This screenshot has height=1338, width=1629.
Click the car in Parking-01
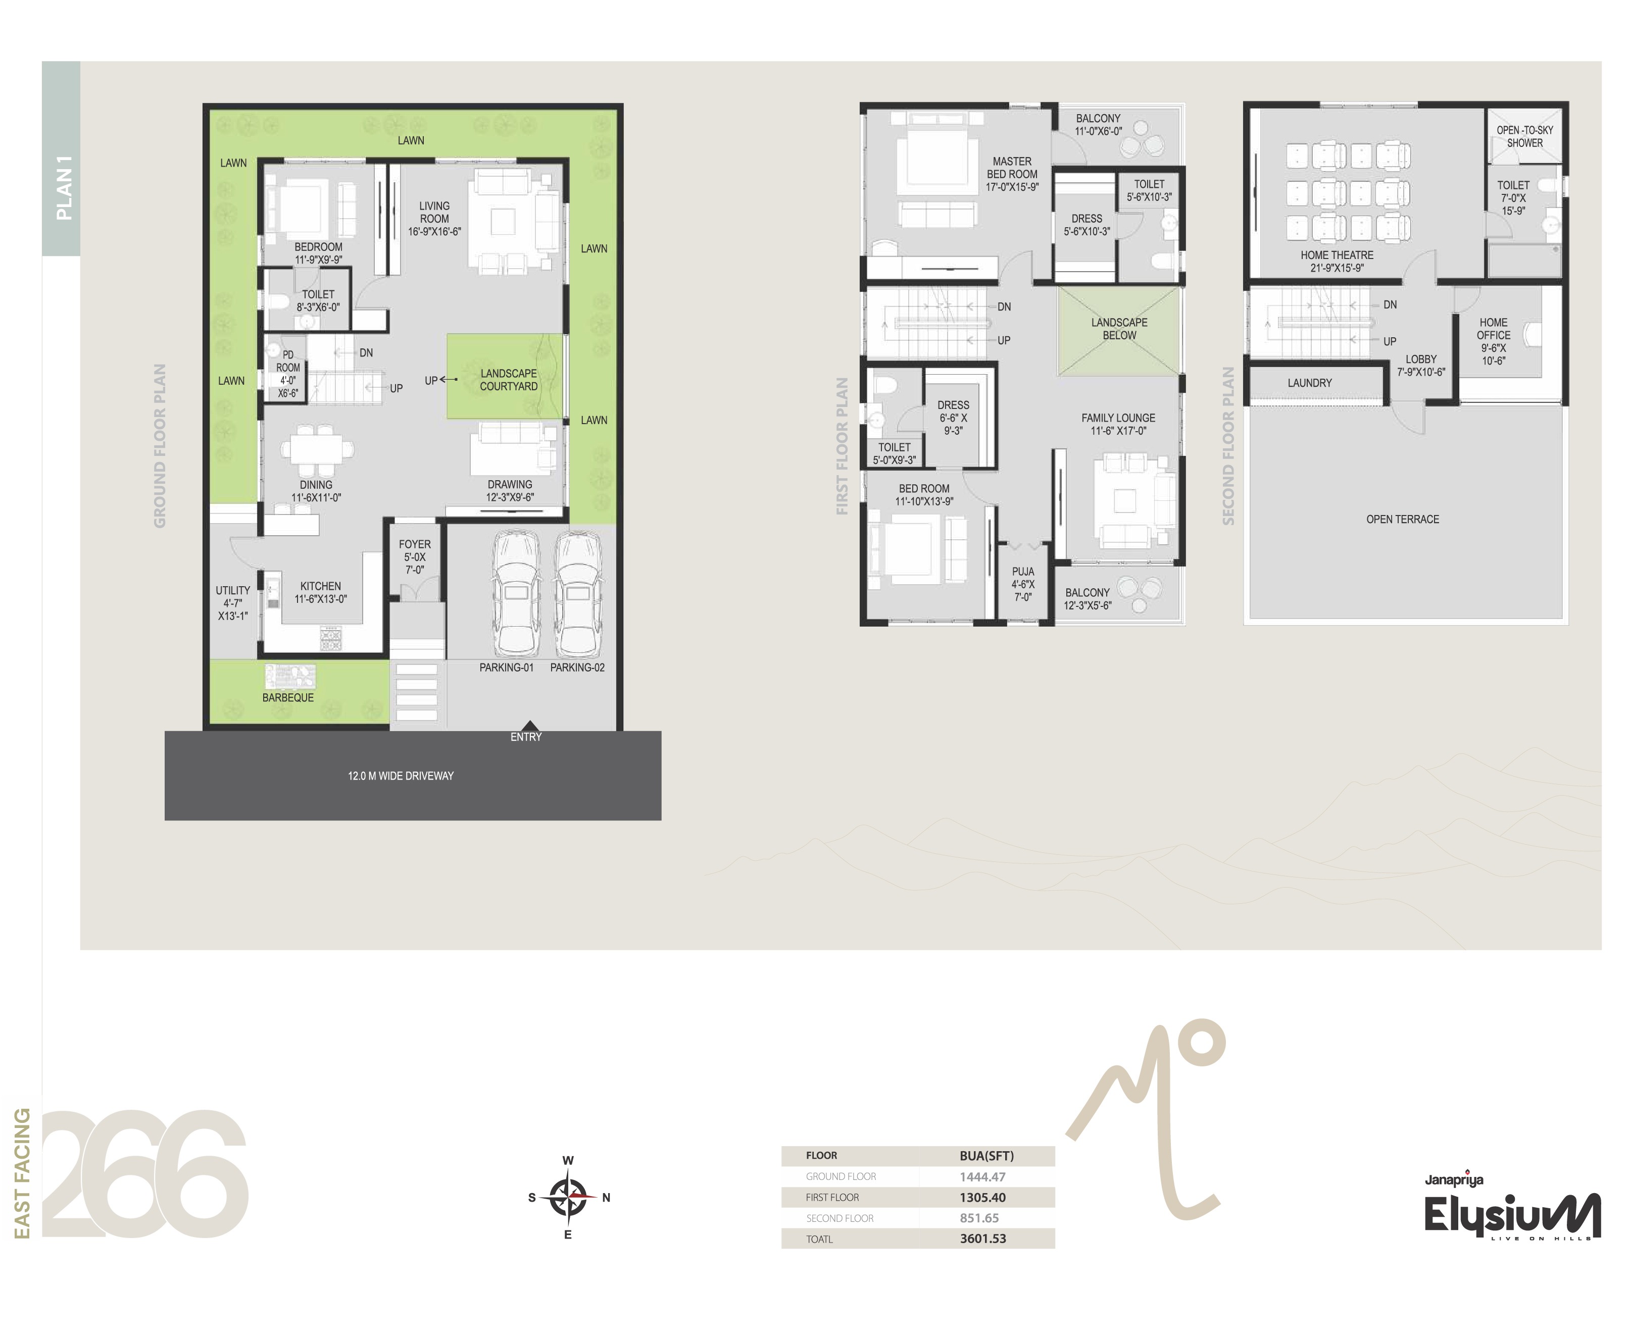pos(515,593)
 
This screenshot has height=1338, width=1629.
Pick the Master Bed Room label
pos(1012,174)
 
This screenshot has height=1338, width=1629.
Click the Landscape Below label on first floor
pos(1119,329)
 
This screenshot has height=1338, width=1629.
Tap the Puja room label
pos(1023,584)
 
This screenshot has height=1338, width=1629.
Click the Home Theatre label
pos(1337,261)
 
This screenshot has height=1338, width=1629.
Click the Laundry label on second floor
pos(1309,383)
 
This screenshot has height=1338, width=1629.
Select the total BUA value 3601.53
pos(983,1239)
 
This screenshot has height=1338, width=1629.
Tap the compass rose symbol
pos(568,1197)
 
